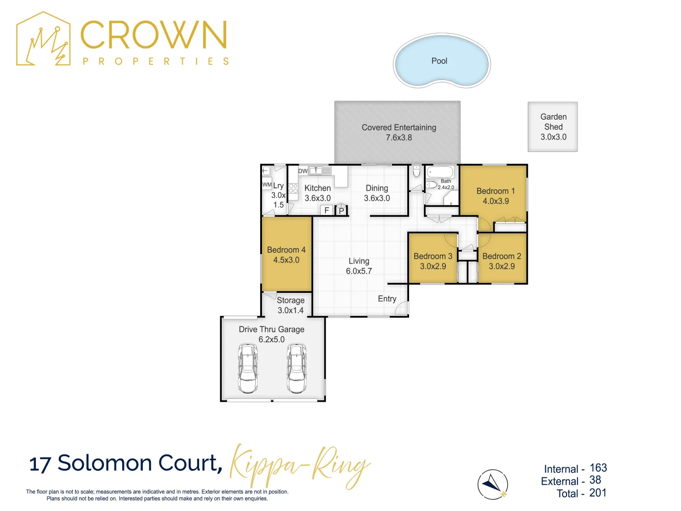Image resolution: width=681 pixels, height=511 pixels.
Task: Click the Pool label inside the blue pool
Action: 439,61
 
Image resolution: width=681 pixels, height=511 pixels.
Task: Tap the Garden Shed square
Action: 553,127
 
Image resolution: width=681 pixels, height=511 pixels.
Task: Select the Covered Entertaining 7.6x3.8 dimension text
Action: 399,138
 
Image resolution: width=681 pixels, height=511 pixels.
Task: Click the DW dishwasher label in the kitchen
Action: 303,171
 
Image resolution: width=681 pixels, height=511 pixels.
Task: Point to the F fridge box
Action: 326,211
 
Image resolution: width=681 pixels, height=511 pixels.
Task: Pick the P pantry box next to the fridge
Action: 341,211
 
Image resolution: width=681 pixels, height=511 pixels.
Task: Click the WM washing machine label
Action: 267,185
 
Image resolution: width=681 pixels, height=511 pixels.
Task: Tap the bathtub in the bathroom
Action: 440,171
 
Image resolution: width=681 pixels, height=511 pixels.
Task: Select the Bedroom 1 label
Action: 495,191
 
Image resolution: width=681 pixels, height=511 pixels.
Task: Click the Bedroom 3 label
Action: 433,256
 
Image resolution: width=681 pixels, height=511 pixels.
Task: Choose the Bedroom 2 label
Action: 501,256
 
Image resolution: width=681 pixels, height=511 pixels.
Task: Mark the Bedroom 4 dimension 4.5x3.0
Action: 286,260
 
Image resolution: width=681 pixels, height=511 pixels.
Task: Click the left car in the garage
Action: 248,369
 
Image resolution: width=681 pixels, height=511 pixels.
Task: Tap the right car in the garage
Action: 297,369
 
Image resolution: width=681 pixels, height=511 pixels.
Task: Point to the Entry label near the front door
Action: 387,299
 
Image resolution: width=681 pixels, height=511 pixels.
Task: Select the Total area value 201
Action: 598,493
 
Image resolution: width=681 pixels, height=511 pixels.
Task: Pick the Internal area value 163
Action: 598,468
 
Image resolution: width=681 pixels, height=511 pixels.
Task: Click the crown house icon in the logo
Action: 44,39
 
